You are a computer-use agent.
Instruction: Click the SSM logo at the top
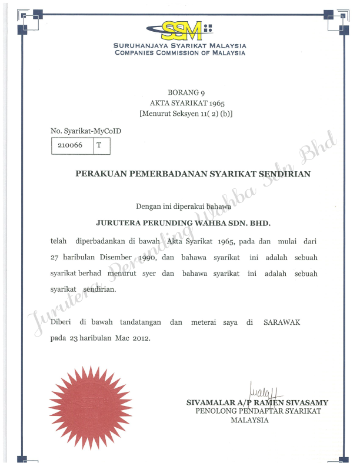(x=179, y=29)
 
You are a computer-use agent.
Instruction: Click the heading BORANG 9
(x=185, y=93)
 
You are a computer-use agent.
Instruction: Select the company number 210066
(x=67, y=144)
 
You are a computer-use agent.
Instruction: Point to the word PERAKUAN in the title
(x=101, y=174)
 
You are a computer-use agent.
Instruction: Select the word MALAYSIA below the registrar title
(x=249, y=420)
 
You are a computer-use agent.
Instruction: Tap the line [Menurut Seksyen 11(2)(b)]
(x=185, y=113)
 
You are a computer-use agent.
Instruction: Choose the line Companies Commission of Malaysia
(x=180, y=53)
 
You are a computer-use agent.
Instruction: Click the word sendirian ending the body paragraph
(x=99, y=290)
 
